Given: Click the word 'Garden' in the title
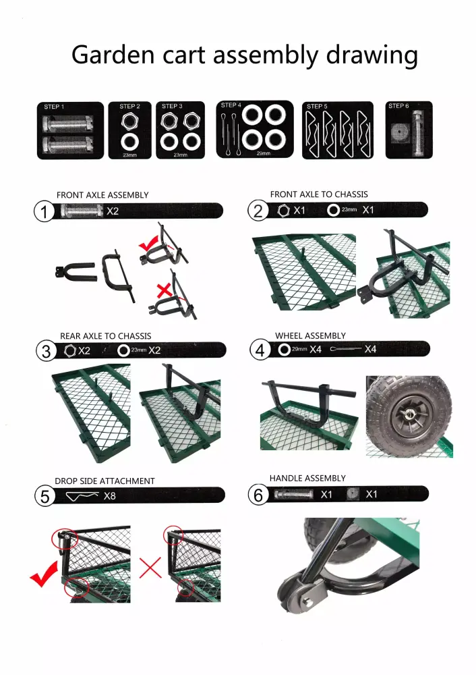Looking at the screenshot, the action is point(113,55).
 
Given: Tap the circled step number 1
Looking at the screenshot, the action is point(44,212).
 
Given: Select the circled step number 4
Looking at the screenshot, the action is point(260,350).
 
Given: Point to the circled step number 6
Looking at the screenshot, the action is point(258,495).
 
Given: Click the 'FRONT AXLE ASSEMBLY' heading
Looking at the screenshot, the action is point(102,195).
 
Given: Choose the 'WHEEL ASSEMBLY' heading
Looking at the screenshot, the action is point(310,335).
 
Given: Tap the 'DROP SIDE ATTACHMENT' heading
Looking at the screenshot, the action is point(105,481).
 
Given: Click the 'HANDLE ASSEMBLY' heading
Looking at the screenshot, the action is point(307,479).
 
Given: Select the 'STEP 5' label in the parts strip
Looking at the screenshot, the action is point(317,107).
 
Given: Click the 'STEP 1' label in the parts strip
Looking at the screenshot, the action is point(54,107).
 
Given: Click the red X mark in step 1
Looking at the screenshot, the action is point(165,290).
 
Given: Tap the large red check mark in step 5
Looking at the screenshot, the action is point(44,574).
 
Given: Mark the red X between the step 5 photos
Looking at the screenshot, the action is point(150,568).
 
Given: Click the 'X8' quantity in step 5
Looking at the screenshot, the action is point(110,496).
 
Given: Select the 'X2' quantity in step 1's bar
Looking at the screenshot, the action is point(113,211).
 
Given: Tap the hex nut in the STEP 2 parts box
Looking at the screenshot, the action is point(129,121).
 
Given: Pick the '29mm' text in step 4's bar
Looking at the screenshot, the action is point(299,349).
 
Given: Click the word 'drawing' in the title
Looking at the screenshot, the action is point(372,55).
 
